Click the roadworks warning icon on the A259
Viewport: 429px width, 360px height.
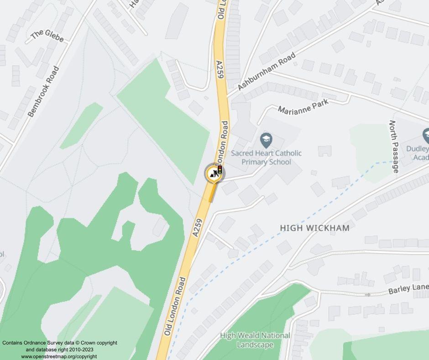212,173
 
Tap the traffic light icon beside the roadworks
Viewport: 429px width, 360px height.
220,170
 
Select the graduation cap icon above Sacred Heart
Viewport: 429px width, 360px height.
266,139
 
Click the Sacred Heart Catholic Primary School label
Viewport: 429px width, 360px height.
266,158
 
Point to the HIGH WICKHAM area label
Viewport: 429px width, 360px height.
314,228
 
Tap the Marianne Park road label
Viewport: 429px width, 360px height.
303,107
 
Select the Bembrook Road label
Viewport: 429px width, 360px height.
43,92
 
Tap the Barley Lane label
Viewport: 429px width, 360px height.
408,289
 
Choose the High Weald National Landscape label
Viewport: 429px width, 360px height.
255,340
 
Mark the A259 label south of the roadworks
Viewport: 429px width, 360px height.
198,227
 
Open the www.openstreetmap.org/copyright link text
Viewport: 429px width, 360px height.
59,356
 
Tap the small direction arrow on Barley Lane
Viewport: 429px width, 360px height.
368,295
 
